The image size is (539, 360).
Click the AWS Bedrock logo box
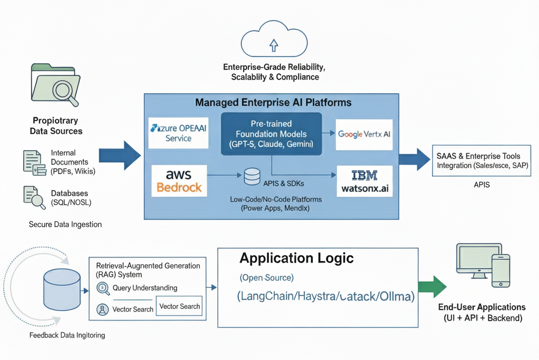178,181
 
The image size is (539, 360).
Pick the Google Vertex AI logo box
364,134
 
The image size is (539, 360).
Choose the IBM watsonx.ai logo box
364,181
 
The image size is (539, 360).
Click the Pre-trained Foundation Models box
271,134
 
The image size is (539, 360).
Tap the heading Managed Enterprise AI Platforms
273,102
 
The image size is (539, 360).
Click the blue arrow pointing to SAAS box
414,159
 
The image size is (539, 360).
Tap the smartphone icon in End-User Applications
500,271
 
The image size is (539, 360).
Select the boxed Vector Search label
179,306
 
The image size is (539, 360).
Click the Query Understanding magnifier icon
104,288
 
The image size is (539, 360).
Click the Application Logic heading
296,258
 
